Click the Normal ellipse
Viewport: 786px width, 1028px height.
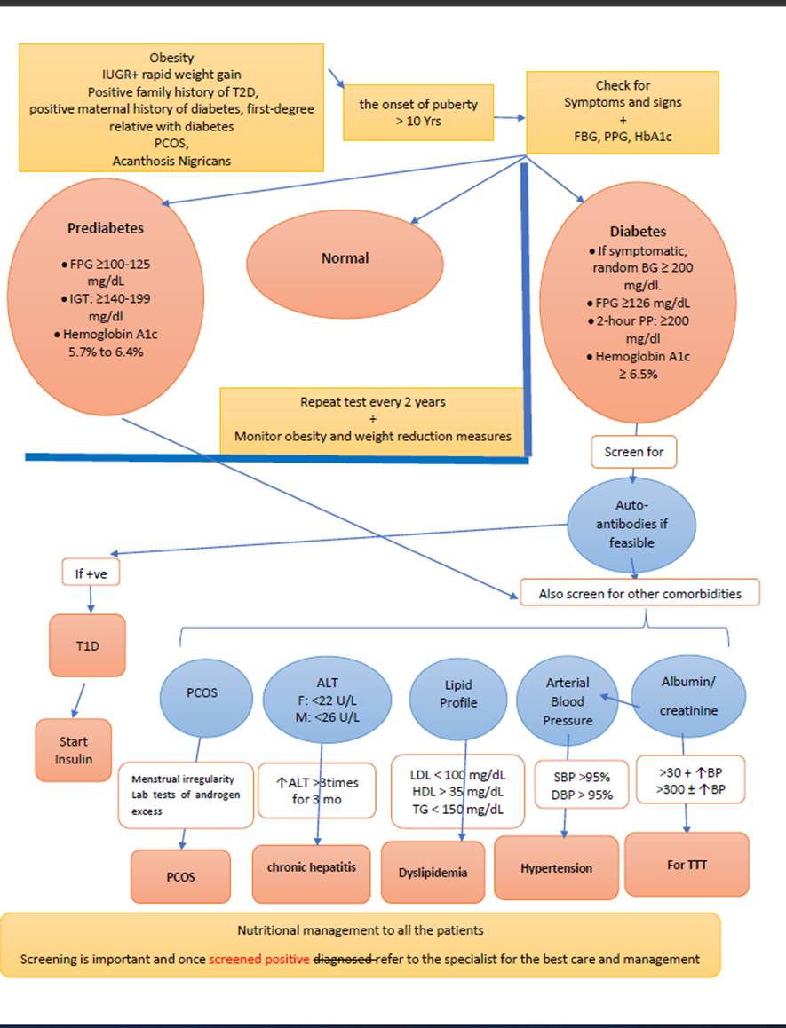coord(345,264)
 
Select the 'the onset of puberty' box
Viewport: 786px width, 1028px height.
coord(418,112)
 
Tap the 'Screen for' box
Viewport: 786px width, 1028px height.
coord(634,452)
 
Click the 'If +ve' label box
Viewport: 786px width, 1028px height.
coord(91,573)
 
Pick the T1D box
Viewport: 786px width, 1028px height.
coord(87,645)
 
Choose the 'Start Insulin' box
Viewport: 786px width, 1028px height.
coord(74,750)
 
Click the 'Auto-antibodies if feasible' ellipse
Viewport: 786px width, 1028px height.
coord(631,524)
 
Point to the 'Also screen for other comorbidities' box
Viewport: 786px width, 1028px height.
coord(639,593)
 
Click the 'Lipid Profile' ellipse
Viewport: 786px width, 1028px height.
coord(458,699)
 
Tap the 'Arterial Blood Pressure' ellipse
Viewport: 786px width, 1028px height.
coord(568,700)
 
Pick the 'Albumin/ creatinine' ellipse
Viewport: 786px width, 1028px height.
coord(688,696)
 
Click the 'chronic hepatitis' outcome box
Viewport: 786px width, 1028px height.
coord(311,874)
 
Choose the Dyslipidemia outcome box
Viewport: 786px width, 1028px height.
coord(433,872)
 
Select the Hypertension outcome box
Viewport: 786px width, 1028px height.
coord(556,867)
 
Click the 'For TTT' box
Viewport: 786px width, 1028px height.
coord(687,864)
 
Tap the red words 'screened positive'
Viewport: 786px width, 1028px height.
coord(259,959)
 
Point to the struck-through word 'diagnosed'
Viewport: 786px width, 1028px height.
coord(344,959)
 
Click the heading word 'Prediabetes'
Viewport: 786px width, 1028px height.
coord(106,228)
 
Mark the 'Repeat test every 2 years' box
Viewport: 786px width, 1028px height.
coord(373,420)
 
